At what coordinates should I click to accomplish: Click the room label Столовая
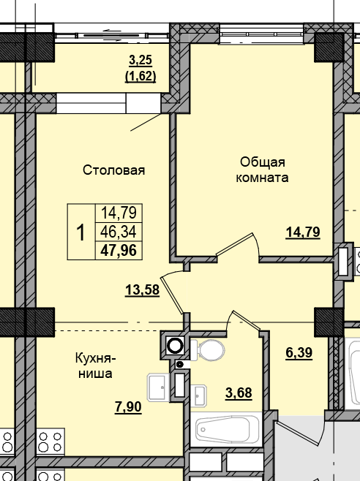coord(113,170)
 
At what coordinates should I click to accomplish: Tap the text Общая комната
coord(261,170)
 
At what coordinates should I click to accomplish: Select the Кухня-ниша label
coord(94,365)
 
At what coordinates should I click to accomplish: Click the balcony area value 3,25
coord(142,61)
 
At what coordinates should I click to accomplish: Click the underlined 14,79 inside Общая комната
coord(303,232)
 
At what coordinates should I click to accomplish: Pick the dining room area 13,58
coord(143,290)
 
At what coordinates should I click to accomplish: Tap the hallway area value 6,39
coord(299,353)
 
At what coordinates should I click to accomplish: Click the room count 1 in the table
coord(80,232)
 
